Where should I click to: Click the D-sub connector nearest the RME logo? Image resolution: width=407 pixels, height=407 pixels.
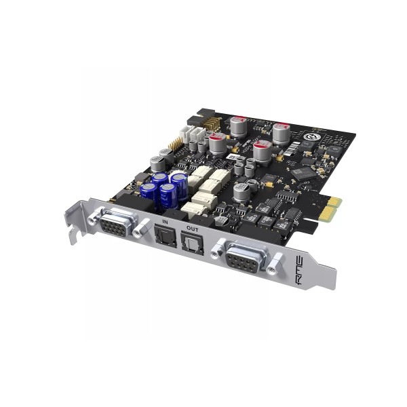point(242,258)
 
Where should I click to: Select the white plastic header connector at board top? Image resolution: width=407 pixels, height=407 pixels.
point(196,134)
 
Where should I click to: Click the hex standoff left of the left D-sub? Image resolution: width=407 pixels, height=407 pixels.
point(93,218)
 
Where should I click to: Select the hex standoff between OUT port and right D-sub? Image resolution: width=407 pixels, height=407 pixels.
point(216,250)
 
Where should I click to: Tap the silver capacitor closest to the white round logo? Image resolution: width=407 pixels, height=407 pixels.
point(282,132)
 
